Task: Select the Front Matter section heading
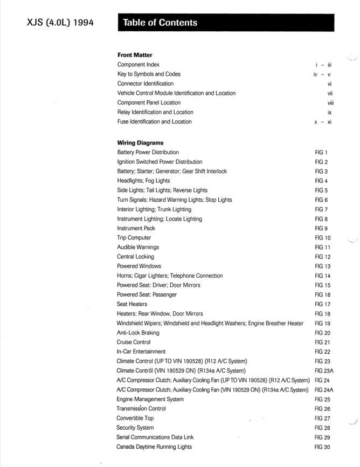135,55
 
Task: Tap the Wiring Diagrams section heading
140,143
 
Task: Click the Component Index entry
138,65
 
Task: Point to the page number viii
330,102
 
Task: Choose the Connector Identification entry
145,84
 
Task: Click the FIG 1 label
321,153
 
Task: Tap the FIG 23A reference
324,371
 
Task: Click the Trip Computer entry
134,238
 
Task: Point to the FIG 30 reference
322,447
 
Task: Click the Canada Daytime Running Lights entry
154,447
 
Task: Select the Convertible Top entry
135,418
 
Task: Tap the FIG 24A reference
324,390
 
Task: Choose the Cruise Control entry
133,342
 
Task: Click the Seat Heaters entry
131,304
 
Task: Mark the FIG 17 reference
322,304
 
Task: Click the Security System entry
135,428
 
